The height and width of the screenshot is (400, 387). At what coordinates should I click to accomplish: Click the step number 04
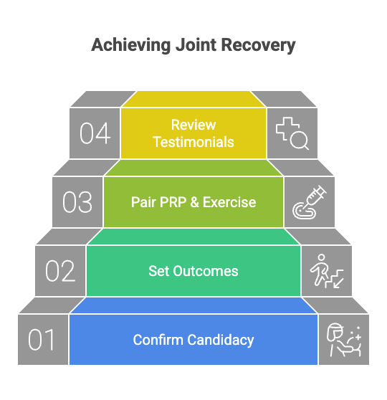[x=95, y=133]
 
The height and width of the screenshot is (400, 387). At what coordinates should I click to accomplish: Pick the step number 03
[x=77, y=203]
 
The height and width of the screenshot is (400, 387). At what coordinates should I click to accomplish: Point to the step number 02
[x=60, y=272]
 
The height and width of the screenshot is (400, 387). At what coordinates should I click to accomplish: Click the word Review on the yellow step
[x=193, y=125]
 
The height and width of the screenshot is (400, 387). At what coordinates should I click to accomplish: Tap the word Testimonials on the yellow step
[x=193, y=142]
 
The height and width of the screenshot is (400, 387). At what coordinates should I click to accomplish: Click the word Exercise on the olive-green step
[x=229, y=202]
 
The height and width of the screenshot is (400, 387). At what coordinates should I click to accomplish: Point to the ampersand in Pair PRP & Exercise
[x=193, y=202]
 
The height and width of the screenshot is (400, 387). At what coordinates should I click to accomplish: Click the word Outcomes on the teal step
[x=204, y=271]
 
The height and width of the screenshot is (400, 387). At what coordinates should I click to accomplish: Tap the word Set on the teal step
[x=158, y=271]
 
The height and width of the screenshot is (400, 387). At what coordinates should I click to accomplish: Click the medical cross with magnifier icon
[x=292, y=133]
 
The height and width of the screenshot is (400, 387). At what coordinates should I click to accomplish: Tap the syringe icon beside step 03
[x=310, y=202]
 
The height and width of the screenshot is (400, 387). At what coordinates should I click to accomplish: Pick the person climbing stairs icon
[x=326, y=271]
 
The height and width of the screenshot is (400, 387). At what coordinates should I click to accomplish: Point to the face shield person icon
[x=343, y=340]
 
